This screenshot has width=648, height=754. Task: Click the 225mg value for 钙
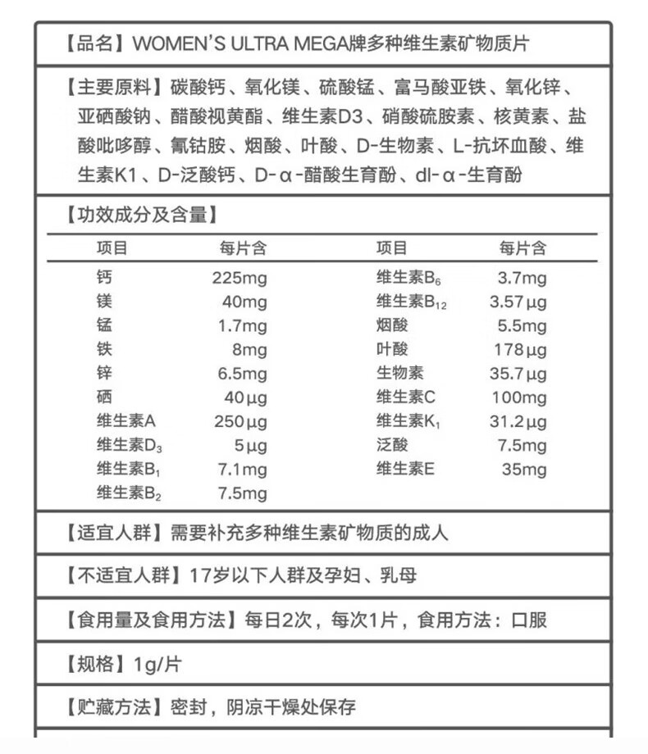coord(239,278)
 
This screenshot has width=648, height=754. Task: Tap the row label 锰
coord(103,325)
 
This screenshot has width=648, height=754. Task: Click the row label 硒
coord(103,397)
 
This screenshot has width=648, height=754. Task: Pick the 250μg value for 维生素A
coord(239,421)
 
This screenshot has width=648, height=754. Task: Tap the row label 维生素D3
coord(129,446)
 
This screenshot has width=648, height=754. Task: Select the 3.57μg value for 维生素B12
coord(518,302)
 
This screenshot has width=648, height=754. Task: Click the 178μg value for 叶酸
coord(519,350)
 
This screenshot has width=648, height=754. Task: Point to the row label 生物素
coord(399,374)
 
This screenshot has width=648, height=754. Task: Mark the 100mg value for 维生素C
coord(518,397)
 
